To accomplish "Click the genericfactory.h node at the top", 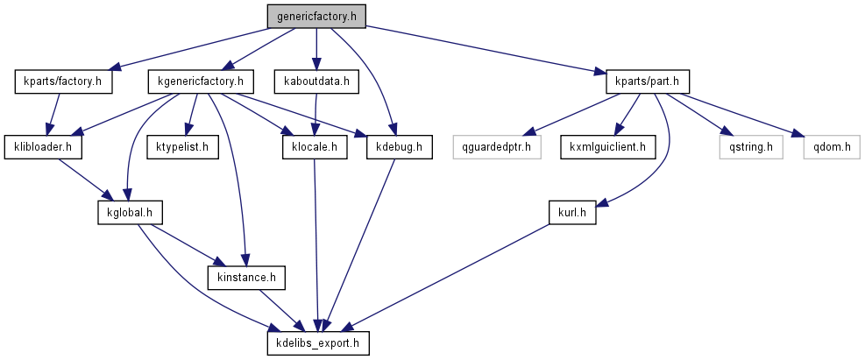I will point(316,17).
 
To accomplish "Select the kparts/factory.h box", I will point(59,82).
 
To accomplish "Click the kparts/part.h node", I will point(647,82).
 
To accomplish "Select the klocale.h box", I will point(315,146).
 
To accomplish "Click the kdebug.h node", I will point(399,146).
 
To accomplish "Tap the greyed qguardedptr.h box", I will point(498,146).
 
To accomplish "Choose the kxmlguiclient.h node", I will point(608,146).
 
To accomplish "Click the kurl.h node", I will point(571,213).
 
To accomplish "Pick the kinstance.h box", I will point(246,278).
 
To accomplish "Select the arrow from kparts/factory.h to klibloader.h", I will point(52,114).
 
